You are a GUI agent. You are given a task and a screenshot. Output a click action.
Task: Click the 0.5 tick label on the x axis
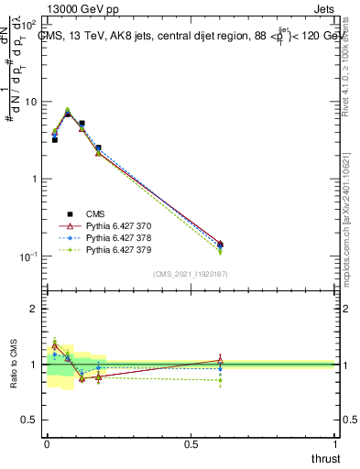click(191, 443)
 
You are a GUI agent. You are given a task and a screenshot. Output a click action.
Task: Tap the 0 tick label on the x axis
click(46, 443)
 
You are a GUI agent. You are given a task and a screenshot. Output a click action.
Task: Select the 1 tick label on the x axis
click(335, 443)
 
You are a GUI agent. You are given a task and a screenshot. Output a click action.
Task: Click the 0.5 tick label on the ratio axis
click(29, 420)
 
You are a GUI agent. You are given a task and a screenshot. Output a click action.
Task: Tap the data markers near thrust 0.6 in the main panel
click(220, 245)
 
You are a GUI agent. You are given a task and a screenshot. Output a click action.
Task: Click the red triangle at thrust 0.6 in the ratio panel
click(220, 360)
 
